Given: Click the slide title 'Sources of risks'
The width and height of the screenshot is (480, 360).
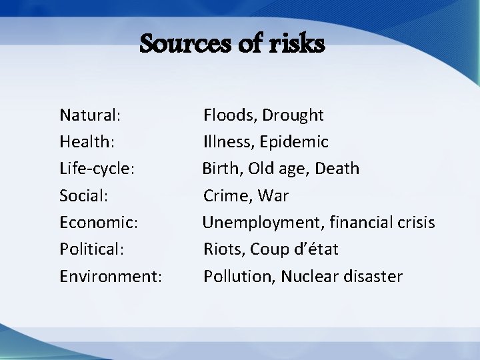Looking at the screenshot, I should pos(233,44).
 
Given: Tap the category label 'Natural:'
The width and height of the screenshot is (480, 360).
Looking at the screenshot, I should pos(90,115).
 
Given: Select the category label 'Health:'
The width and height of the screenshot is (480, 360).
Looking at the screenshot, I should pos(87,142).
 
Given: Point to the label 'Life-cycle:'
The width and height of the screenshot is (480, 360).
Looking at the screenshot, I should pos(97,169).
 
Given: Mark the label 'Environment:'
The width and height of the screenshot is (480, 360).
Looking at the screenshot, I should pos(111,276).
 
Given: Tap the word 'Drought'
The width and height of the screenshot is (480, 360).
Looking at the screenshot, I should pos(293,115).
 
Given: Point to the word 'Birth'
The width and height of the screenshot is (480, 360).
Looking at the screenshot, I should pos(219,169).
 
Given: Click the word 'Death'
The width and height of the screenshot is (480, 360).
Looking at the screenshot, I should pos(337,169).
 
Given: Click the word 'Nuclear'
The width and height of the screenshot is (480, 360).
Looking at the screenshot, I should pos(309,276).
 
